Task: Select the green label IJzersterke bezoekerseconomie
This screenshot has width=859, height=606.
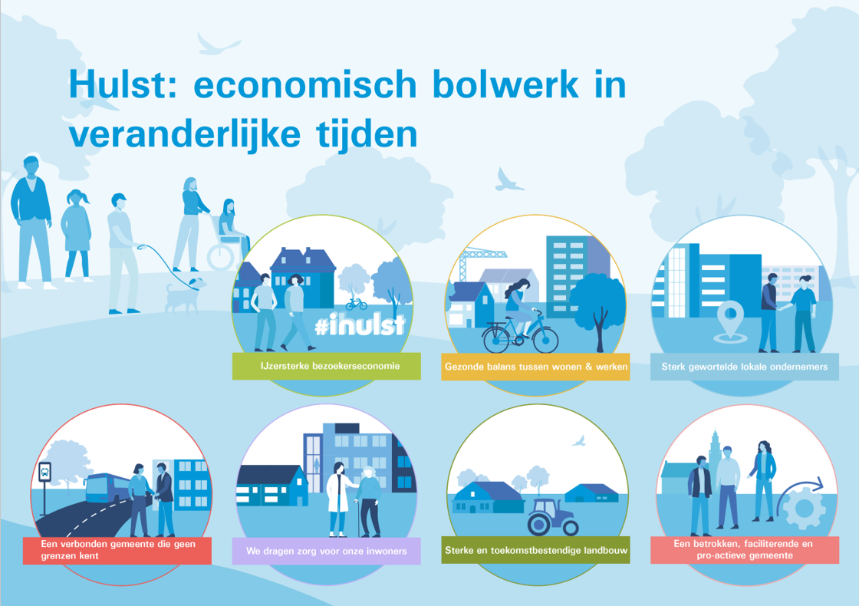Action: pyautogui.click(x=327, y=366)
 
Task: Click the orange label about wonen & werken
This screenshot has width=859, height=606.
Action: pyautogui.click(x=535, y=367)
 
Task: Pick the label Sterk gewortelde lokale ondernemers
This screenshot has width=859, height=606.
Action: pyautogui.click(x=745, y=367)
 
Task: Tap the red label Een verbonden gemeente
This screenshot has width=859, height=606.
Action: pyautogui.click(x=117, y=550)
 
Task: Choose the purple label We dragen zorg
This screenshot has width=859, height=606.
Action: pyautogui.click(x=327, y=551)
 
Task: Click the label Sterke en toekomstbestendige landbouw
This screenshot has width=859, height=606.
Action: pyautogui.click(x=536, y=550)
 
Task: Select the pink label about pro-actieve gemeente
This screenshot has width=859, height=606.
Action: pyautogui.click(x=745, y=549)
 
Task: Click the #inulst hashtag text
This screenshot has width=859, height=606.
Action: pyautogui.click(x=360, y=325)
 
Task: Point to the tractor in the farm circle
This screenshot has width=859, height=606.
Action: pyautogui.click(x=553, y=517)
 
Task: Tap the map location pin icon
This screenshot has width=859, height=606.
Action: pyautogui.click(x=730, y=322)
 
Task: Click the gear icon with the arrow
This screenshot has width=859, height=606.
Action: pyautogui.click(x=802, y=502)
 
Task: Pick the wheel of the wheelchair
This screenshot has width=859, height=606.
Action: pyautogui.click(x=222, y=256)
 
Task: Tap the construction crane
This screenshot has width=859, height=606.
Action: pyautogui.click(x=479, y=264)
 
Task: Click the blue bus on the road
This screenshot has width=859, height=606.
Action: pyautogui.click(x=107, y=489)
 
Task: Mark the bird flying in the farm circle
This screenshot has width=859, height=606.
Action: pyautogui.click(x=578, y=441)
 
